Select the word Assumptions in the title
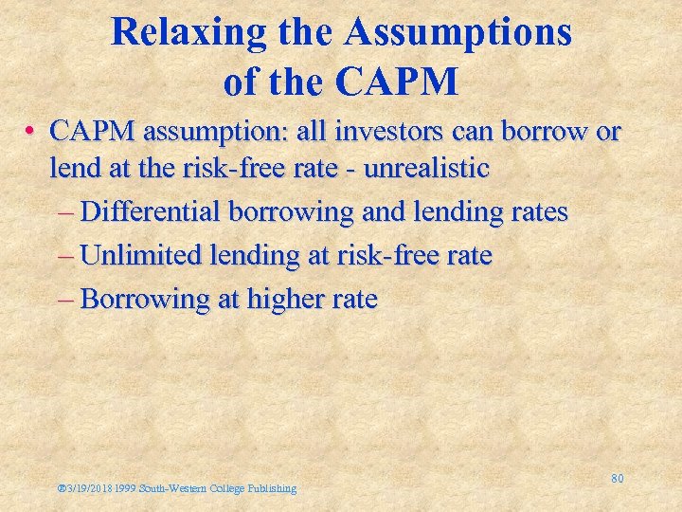coord(458,32)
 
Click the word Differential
coord(152,211)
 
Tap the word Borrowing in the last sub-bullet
coord(145,299)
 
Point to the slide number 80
coord(617,478)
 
